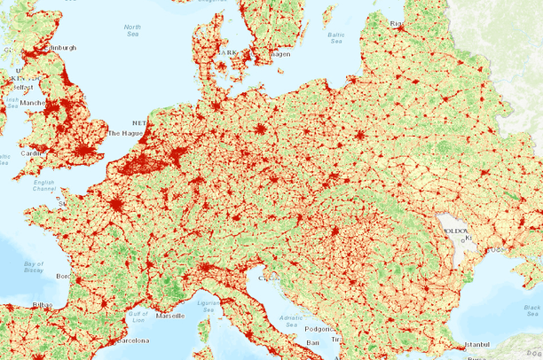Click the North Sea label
coord(133,33)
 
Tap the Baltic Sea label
coord(335,37)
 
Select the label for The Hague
coord(125,134)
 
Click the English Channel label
coord(43,187)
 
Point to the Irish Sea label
coord(13,104)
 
